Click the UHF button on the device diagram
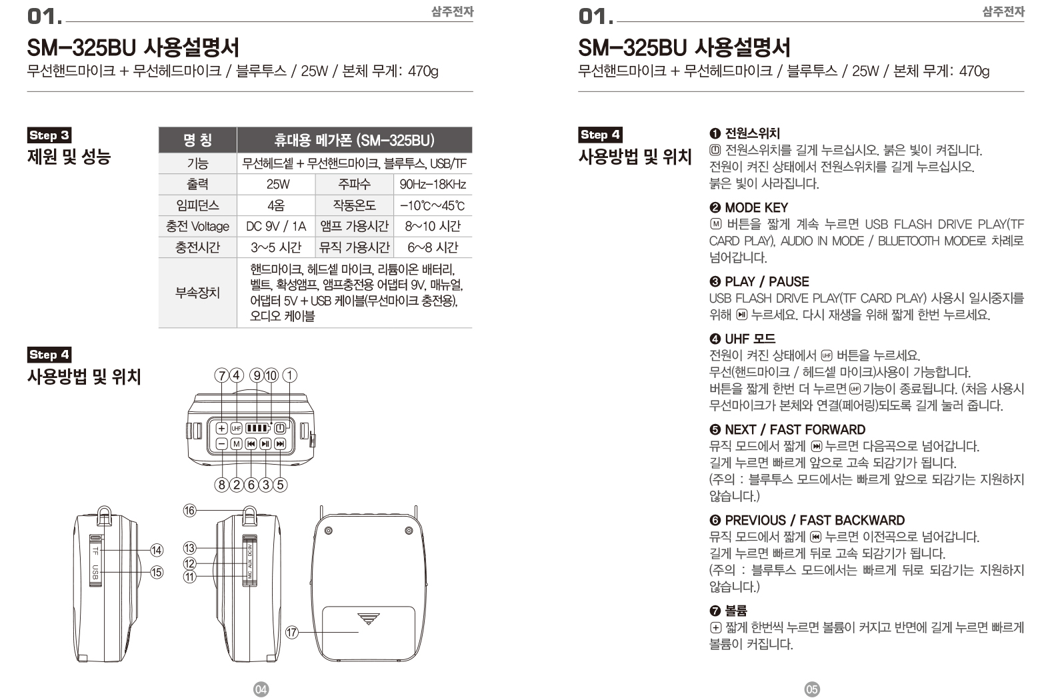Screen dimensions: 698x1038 coord(236,428)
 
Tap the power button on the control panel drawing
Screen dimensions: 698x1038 coord(281,428)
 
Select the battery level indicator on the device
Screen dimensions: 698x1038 coord(257,428)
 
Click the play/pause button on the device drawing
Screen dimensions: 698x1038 coord(265,444)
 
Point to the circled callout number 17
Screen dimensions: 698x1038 coord(291,632)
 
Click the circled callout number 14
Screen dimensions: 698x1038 coord(156,550)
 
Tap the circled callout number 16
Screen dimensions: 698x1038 coord(189,511)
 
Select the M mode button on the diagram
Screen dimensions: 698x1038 coord(236,444)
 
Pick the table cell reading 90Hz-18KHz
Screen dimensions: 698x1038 coord(432,185)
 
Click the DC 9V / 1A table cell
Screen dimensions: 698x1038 coord(275,227)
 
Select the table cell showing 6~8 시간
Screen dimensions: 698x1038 coord(432,248)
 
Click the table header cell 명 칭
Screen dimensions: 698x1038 coord(197,140)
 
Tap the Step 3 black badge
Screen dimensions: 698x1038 coord(49,135)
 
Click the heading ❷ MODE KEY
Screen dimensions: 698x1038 coord(749,207)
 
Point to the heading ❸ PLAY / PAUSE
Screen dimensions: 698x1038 coord(759,281)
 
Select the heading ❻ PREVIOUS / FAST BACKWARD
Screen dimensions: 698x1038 coord(807,520)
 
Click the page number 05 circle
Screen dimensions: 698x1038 coord(811,689)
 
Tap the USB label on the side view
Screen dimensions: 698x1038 coord(95,572)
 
